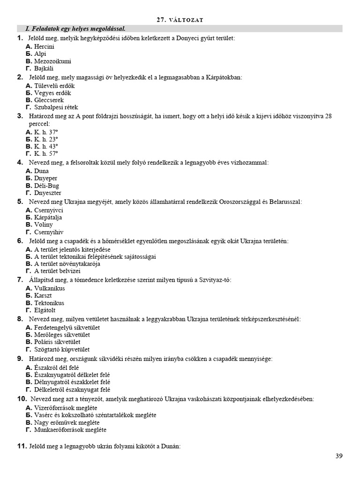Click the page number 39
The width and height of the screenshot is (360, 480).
tap(340, 456)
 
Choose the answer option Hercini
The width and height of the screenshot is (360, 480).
tap(44, 47)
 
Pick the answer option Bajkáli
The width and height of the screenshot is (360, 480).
tap(44, 68)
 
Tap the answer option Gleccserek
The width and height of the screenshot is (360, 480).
tap(49, 100)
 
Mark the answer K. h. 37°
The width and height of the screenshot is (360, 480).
tap(46, 132)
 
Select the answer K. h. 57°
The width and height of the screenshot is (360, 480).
tap(46, 154)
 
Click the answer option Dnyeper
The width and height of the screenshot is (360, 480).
tap(46, 179)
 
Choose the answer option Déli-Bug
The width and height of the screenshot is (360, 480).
tap(47, 186)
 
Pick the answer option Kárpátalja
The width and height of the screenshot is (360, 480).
tap(48, 217)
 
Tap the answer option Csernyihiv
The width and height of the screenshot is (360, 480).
tap(49, 232)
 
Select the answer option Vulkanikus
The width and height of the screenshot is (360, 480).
tap(50, 289)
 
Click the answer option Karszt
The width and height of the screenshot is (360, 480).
tap(45, 296)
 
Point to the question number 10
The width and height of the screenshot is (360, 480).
tap(22, 399)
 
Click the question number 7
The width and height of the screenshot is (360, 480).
tap(20, 280)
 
